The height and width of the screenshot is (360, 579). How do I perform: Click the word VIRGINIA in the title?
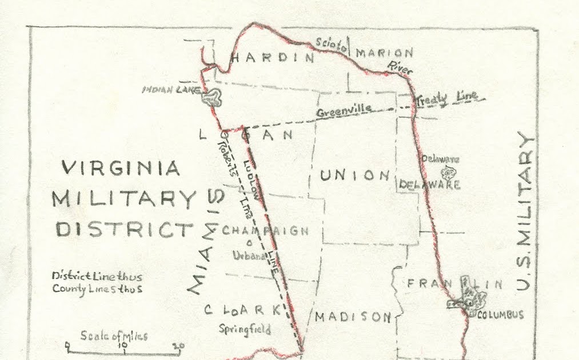[x=121, y=168]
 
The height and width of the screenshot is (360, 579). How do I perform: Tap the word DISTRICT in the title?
[x=124, y=230]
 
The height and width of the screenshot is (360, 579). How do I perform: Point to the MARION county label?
[x=384, y=53]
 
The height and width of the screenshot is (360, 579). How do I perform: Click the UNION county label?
[x=355, y=175]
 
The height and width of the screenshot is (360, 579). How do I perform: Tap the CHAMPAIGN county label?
[x=265, y=231]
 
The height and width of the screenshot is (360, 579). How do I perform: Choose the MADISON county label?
[x=353, y=317]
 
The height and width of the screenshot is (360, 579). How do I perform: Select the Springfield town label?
[x=245, y=330]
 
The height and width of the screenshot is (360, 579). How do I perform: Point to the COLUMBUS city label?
[x=500, y=315]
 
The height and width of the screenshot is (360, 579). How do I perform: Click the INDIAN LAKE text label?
[x=171, y=90]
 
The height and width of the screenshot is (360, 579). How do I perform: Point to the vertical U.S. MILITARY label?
[x=525, y=211]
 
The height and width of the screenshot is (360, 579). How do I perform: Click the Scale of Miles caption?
[x=114, y=335]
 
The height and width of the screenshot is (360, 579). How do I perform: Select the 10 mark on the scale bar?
[x=122, y=345]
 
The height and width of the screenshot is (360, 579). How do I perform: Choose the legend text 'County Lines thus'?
[x=97, y=289]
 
